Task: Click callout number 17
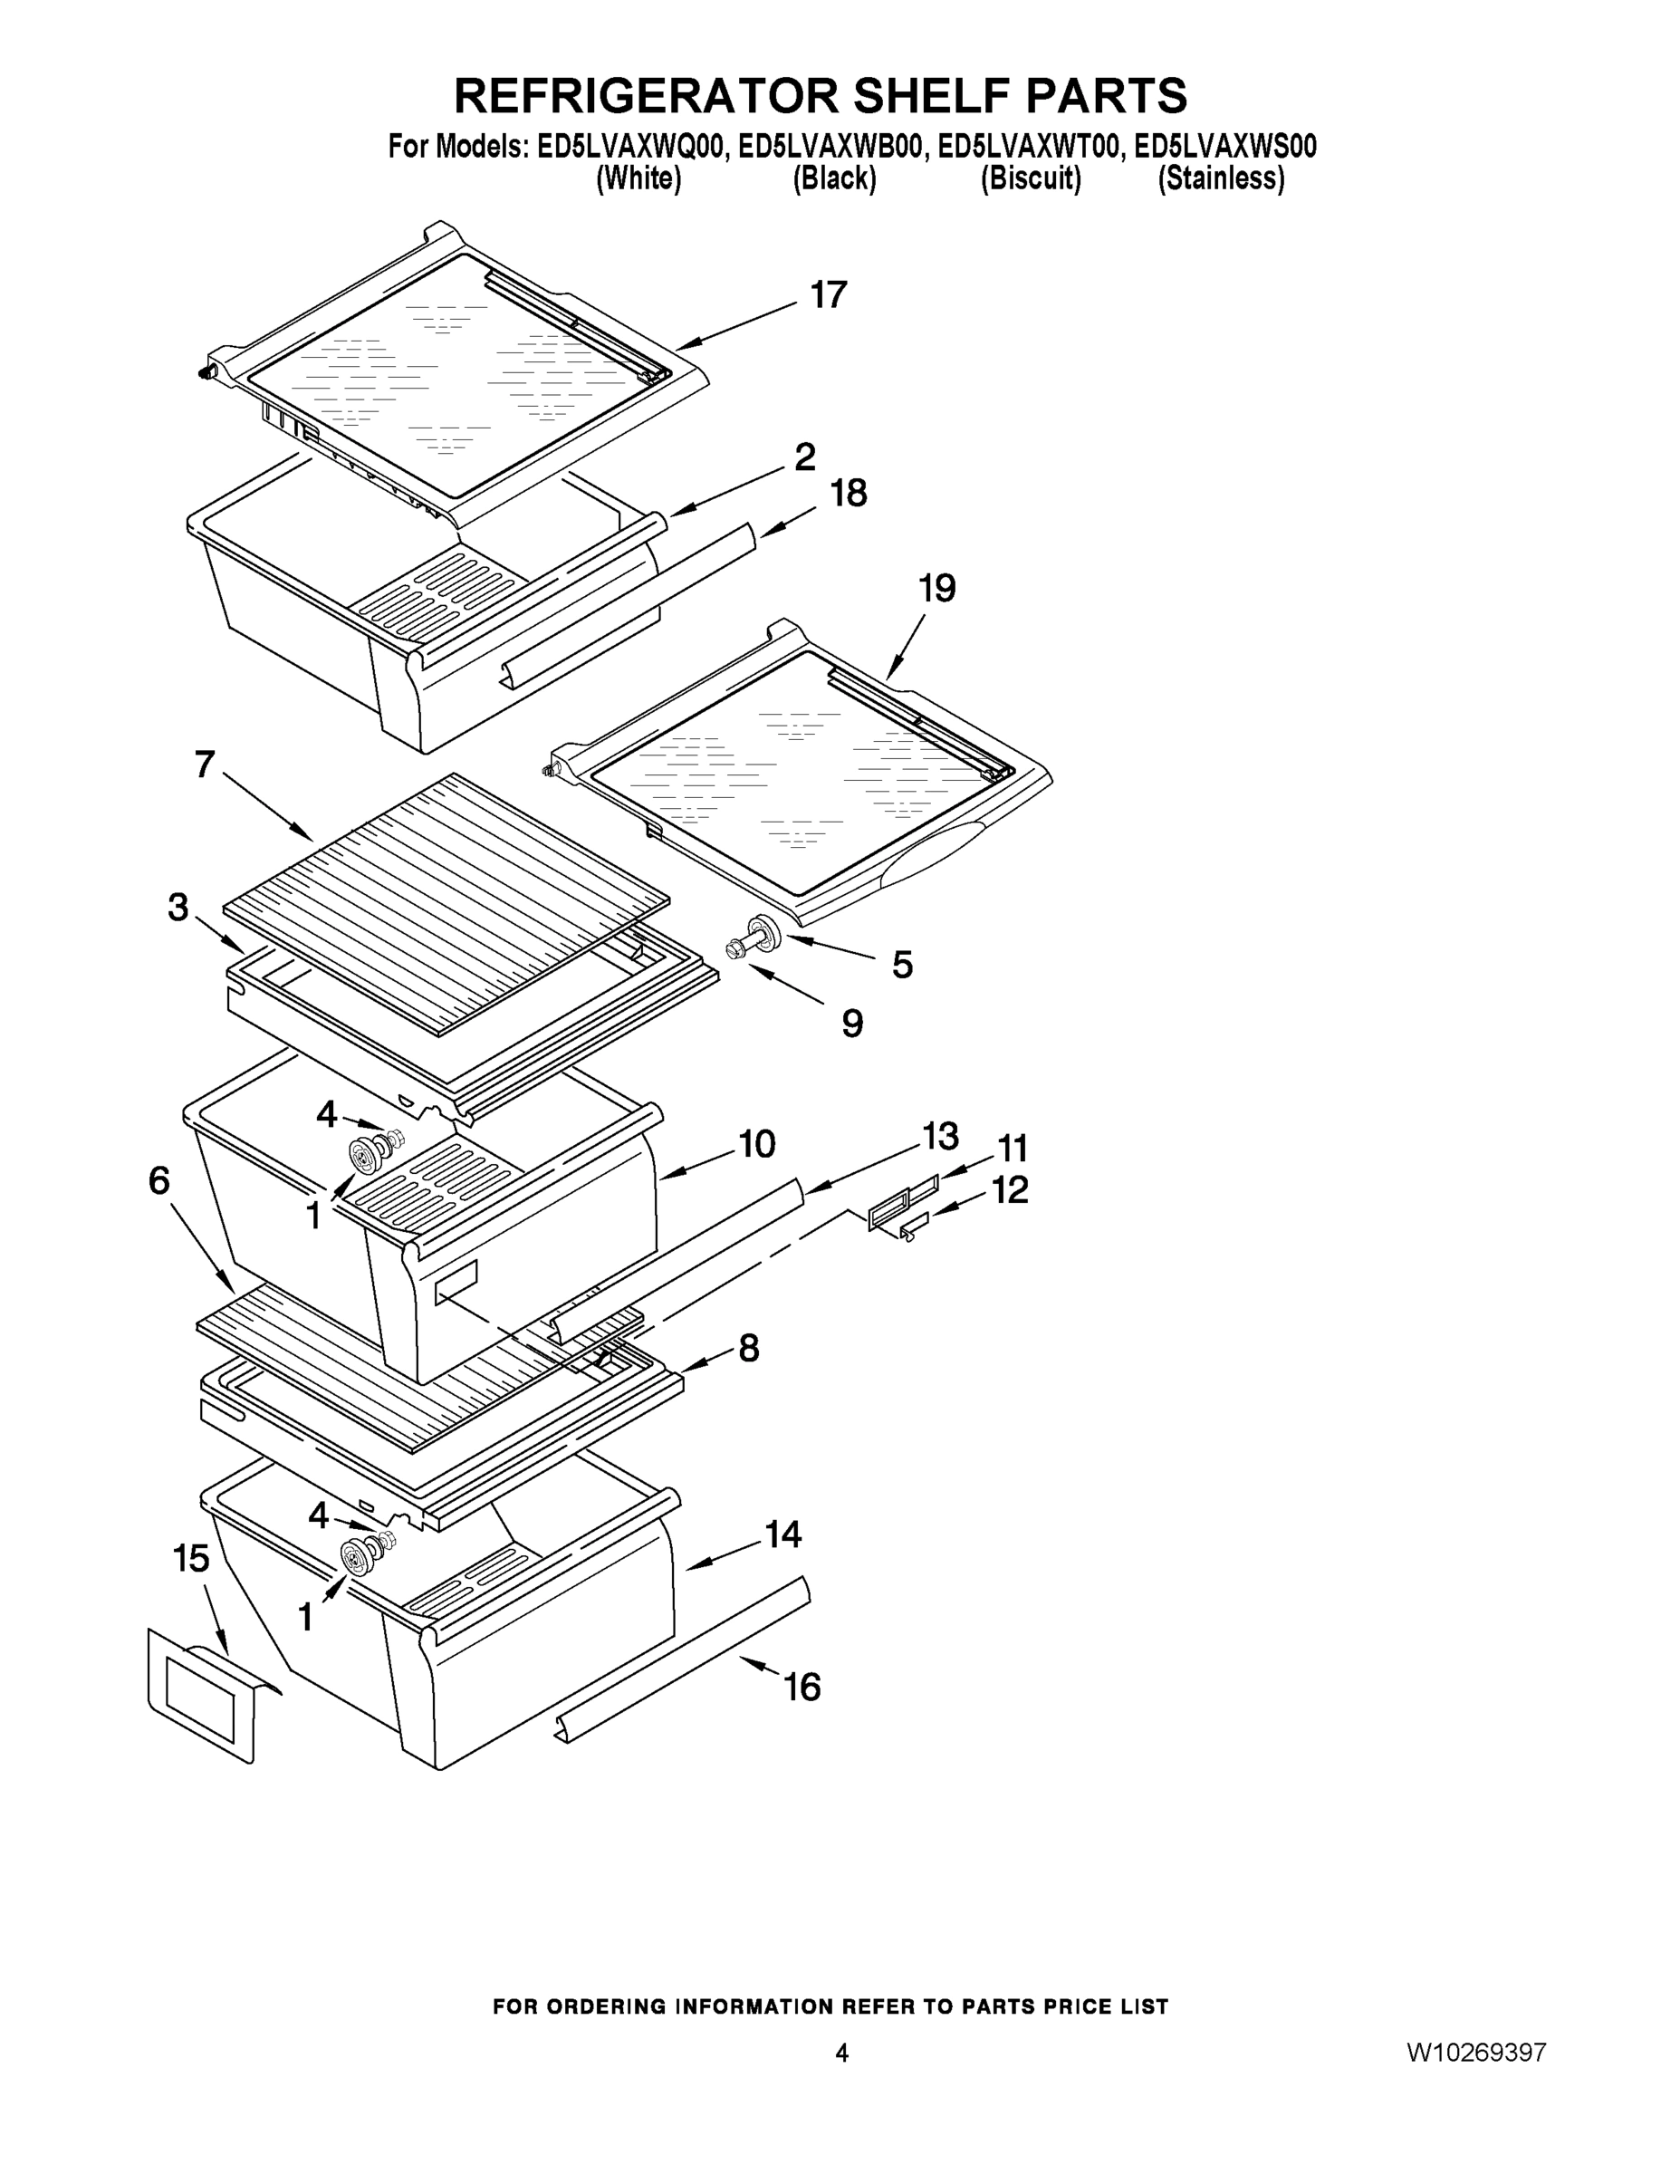point(827,294)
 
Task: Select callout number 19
point(936,588)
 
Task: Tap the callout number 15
point(191,1558)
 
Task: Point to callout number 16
point(802,1687)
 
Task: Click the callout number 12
point(1009,1189)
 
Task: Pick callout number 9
point(852,1023)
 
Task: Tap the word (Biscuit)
point(1030,179)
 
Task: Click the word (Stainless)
point(1220,179)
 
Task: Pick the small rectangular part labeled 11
point(901,1201)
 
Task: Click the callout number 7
point(204,765)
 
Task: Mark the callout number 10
point(756,1144)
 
